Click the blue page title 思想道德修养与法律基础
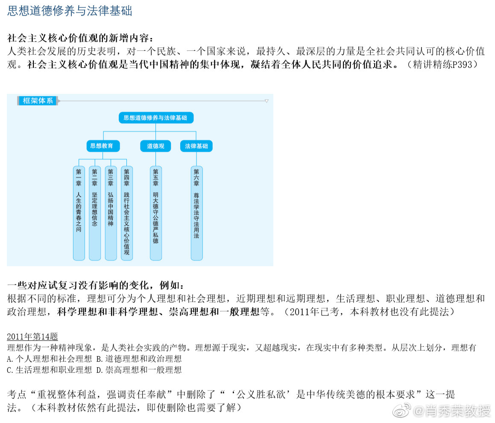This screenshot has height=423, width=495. click(x=70, y=11)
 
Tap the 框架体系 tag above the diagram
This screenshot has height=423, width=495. click(x=38, y=101)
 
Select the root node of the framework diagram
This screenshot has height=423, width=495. click(x=156, y=118)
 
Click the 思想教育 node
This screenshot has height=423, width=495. click(x=103, y=146)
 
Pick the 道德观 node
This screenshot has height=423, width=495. click(x=155, y=146)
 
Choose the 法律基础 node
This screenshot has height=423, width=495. click(x=196, y=146)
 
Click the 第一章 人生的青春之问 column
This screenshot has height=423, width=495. click(x=79, y=213)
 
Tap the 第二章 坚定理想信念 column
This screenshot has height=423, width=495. click(x=95, y=213)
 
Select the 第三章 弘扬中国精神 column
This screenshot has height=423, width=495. click(x=111, y=213)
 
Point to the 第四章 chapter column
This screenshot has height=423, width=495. click(x=126, y=213)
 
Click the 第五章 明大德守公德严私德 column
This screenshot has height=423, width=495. click(x=155, y=213)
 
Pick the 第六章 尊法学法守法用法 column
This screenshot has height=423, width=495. click(x=196, y=213)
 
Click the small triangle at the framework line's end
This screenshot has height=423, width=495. click(x=267, y=101)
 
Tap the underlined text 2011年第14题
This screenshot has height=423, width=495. click(x=32, y=336)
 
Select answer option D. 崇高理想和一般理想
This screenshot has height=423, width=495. click(x=139, y=370)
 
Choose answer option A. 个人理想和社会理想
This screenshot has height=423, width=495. click(x=49, y=359)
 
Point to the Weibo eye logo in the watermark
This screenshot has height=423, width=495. click(x=401, y=410)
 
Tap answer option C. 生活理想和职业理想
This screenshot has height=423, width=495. click(x=49, y=370)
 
